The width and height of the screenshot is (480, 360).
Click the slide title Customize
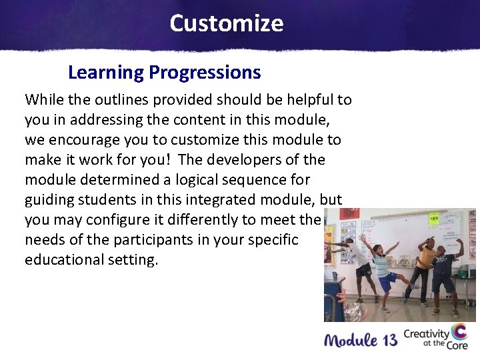pyautogui.click(x=226, y=23)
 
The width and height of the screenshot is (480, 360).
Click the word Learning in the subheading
pyautogui.click(x=106, y=72)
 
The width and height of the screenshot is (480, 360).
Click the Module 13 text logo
pyautogui.click(x=360, y=340)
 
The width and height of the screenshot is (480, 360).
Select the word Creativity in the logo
pyautogui.click(x=427, y=333)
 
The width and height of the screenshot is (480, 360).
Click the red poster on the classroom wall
pyautogui.click(x=349, y=214)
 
